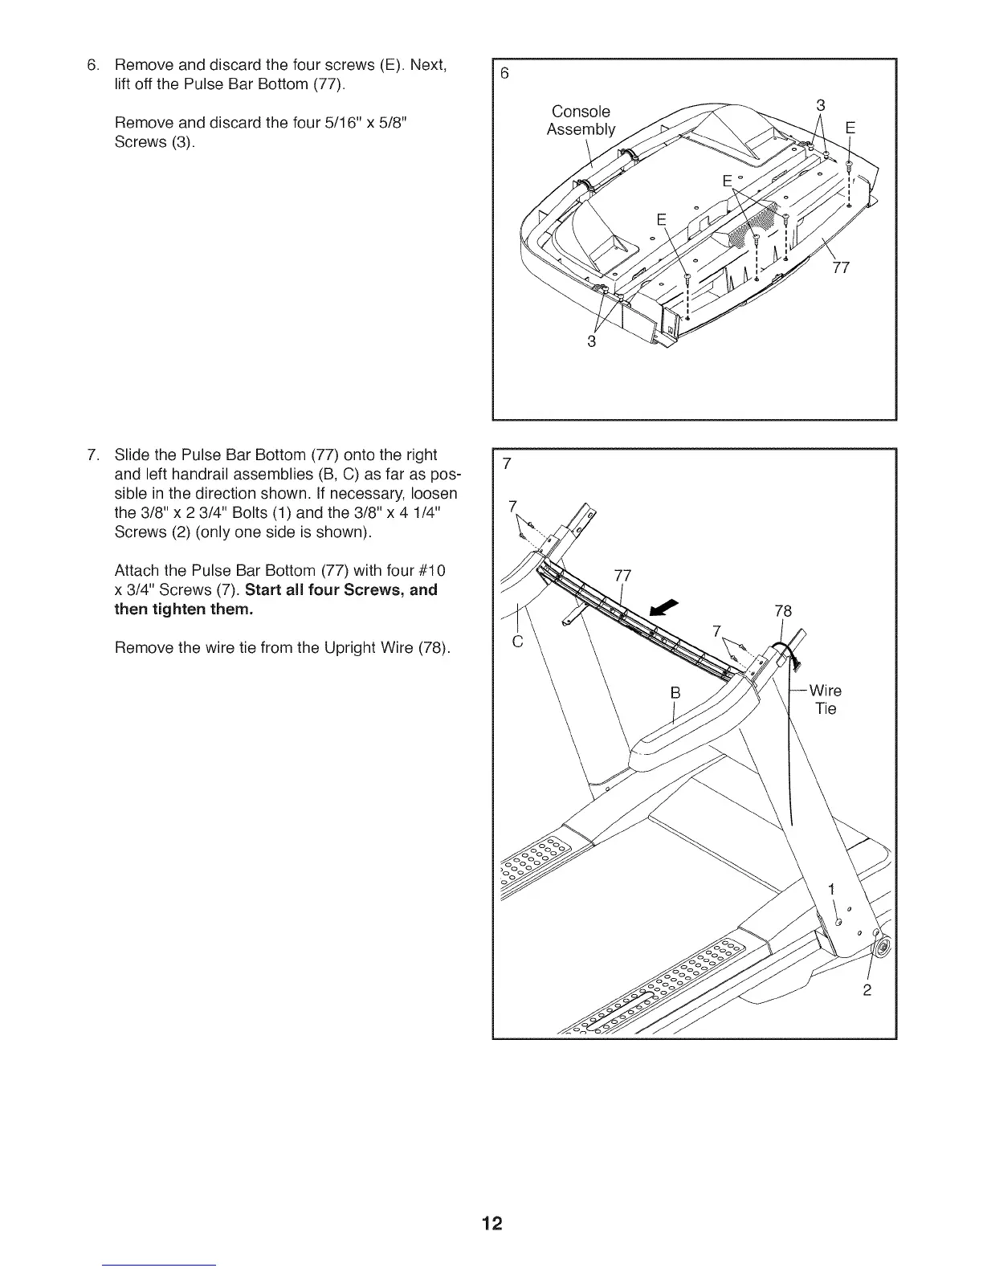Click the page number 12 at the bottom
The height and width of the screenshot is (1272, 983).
[491, 1224]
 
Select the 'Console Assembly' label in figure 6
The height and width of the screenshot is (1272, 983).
[580, 120]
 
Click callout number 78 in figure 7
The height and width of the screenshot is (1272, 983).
[782, 611]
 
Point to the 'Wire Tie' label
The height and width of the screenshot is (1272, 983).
[826, 699]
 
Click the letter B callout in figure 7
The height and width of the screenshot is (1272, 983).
[675, 692]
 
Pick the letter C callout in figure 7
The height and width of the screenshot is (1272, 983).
[517, 642]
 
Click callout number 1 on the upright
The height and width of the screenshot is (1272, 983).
[832, 889]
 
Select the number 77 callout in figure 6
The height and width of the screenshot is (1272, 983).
[840, 267]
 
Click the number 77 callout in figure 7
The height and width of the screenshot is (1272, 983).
[622, 575]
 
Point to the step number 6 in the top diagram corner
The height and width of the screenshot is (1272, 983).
[504, 73]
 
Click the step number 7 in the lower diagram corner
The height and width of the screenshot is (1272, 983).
[506, 464]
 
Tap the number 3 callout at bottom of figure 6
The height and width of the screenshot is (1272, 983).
[592, 341]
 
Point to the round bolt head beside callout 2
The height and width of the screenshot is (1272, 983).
[883, 948]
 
